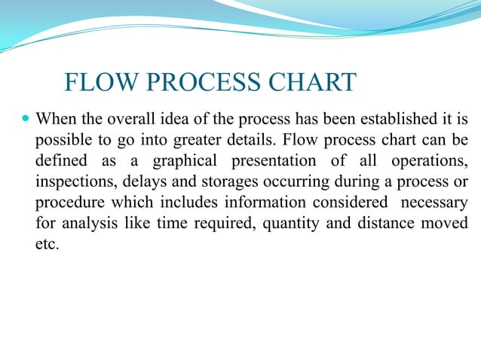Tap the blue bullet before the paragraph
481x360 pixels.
[27, 119]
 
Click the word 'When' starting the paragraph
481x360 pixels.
[55, 119]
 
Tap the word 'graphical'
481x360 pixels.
[185, 161]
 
